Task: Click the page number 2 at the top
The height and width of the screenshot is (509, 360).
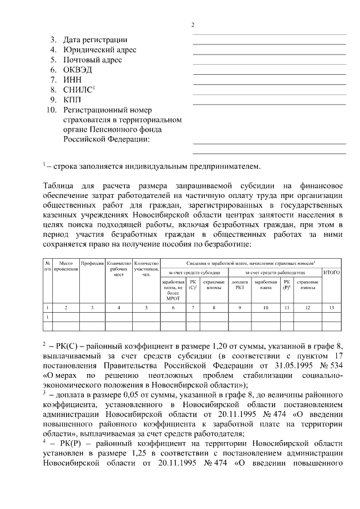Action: click(x=192, y=25)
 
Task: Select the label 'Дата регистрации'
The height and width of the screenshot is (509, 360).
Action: click(x=95, y=40)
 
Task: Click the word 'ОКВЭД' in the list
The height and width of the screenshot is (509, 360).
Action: click(x=78, y=70)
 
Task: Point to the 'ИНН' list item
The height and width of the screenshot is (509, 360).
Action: click(x=73, y=80)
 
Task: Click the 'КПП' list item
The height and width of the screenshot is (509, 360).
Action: click(x=73, y=100)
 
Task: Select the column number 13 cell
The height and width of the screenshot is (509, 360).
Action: click(x=332, y=307)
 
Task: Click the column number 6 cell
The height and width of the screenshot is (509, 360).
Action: click(x=173, y=307)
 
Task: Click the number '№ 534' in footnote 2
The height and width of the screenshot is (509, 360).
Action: click(x=337, y=365)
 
